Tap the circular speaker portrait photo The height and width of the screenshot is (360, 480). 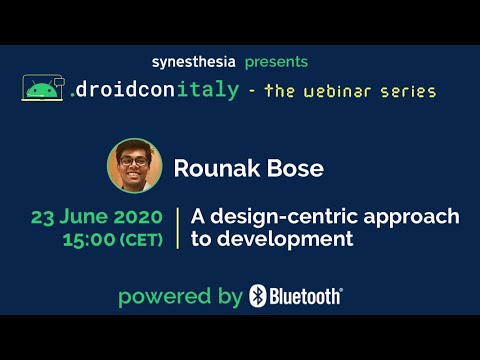(134, 166)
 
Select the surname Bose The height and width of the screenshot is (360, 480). (294, 168)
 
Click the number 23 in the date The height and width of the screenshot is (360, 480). (44, 218)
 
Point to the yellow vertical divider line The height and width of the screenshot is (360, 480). (177, 229)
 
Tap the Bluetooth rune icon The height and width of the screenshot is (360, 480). (258, 296)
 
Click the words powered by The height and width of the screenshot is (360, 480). (180, 297)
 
